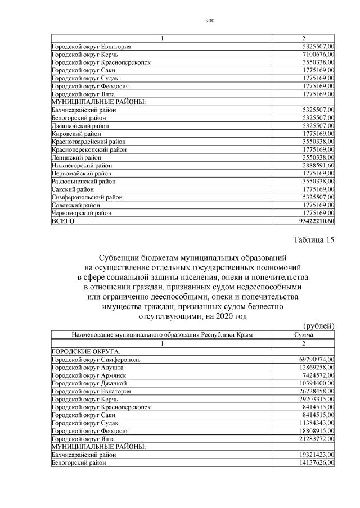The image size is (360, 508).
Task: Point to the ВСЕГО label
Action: point(63,221)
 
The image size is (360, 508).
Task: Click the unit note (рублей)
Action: point(319,326)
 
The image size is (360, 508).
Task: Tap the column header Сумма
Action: point(304,335)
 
